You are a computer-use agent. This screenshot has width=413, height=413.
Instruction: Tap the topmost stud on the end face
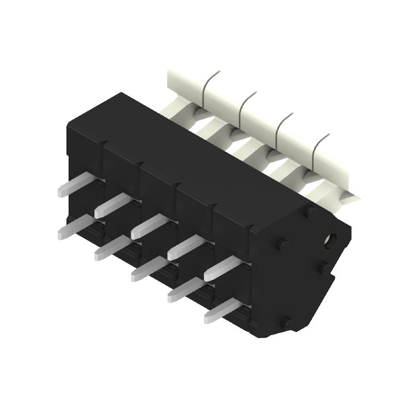311,212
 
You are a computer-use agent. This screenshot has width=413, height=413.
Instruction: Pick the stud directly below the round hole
326,267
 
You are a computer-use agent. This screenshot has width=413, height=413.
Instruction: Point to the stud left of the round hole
281,244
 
